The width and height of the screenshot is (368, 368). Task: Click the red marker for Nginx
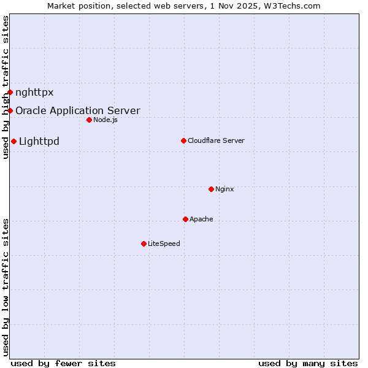[211, 189]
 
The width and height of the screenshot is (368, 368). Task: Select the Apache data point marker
[185, 219]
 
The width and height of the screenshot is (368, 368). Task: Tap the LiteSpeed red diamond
[144, 243]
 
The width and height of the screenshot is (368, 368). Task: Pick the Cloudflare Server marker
[183, 140]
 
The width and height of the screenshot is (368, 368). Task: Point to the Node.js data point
[89, 120]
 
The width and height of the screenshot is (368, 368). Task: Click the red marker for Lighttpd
[13, 142]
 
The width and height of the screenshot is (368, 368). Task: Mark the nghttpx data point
[10, 93]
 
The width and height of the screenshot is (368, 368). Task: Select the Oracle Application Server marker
[10, 110]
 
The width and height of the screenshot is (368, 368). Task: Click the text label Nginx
[224, 189]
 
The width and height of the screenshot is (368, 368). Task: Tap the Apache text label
[201, 219]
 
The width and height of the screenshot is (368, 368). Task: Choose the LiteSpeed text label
[164, 243]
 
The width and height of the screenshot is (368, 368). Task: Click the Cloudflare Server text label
[216, 140]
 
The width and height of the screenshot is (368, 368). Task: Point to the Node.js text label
[105, 120]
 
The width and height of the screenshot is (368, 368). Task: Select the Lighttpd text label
[39, 142]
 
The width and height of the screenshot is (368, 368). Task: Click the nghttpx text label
[34, 93]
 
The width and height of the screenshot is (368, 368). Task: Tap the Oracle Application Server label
[78, 110]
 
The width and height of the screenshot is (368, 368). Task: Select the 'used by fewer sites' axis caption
[63, 363]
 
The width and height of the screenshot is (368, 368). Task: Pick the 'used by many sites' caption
[308, 363]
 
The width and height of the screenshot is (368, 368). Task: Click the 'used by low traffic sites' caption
[6, 286]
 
